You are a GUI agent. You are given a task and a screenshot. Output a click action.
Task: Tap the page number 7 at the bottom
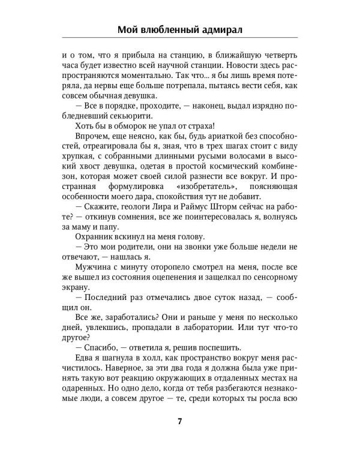[x=180, y=420]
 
